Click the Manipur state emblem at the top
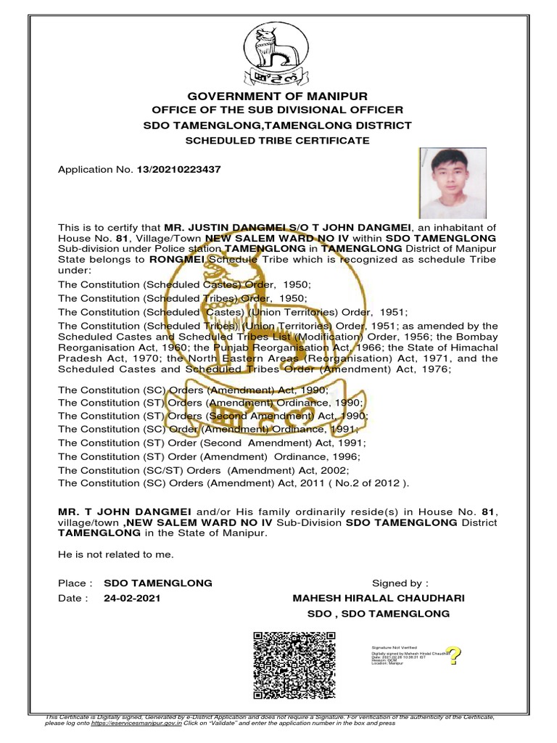tap(278, 54)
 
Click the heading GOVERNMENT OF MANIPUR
tap(278, 96)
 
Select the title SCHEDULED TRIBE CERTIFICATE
tap(278, 140)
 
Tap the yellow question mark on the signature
tap(455, 656)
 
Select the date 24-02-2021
tap(132, 599)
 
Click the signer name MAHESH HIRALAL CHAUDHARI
tap(379, 599)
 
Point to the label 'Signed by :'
tap(400, 583)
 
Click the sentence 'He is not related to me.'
tap(116, 554)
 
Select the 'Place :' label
tap(75, 583)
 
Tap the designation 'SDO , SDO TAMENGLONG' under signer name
tap(379, 614)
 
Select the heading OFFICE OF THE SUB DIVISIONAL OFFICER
tap(278, 110)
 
